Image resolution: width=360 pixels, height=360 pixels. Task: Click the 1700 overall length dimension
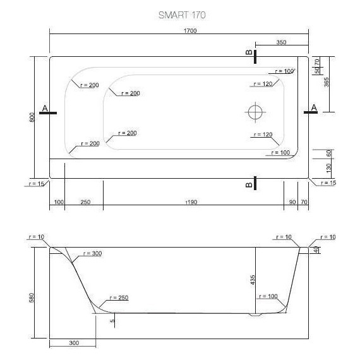point(179,29)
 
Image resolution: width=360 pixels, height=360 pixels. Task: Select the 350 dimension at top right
point(282,42)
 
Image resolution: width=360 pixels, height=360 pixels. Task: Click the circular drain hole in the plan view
point(255,112)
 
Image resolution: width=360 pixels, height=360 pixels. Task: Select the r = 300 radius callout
point(92,253)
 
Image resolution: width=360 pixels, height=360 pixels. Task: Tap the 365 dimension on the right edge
point(327,82)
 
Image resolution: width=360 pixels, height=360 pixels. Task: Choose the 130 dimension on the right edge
point(328,168)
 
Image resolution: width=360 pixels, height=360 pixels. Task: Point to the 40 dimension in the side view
point(316,250)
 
